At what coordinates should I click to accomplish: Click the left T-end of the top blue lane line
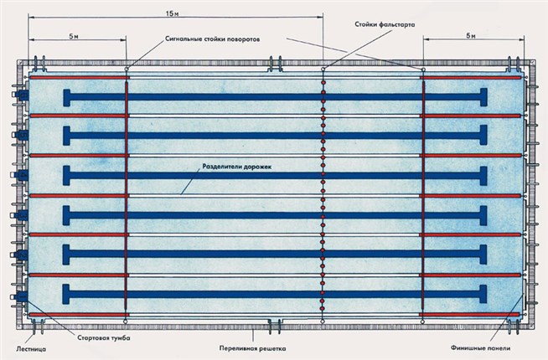[67, 96]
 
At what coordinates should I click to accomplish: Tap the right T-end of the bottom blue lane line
[484, 294]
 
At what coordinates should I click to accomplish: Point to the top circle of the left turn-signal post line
[127, 69]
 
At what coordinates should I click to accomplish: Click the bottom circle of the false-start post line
[323, 320]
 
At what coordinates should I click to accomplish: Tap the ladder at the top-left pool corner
[38, 62]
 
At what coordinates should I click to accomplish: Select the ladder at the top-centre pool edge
[274, 62]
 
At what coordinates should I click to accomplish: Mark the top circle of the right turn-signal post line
[423, 69]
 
